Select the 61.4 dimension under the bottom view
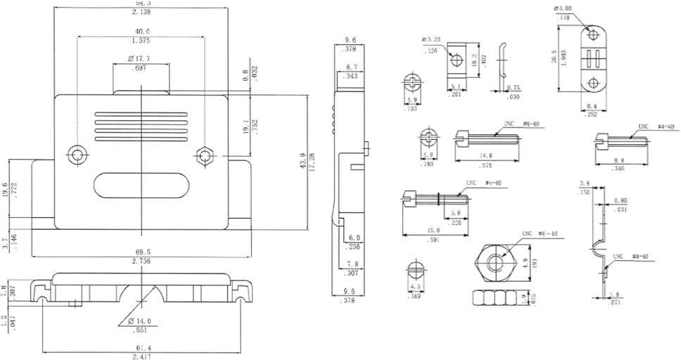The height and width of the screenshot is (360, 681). point(141,348)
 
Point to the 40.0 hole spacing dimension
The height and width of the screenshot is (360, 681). point(141,30)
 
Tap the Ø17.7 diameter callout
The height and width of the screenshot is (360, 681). point(141,57)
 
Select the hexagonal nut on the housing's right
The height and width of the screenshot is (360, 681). point(205,154)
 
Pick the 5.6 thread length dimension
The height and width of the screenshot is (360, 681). point(456,213)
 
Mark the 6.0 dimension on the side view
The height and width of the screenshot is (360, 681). point(353,238)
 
